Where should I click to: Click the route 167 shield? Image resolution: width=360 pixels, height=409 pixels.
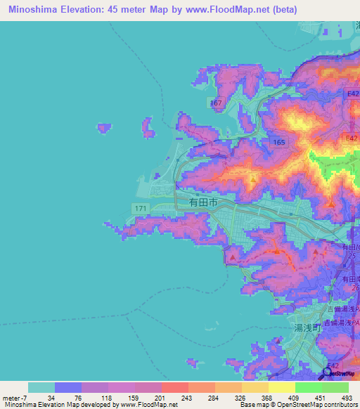click(x=216, y=103)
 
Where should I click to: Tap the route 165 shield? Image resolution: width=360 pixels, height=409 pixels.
click(x=280, y=142)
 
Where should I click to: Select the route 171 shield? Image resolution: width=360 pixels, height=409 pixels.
click(x=140, y=208)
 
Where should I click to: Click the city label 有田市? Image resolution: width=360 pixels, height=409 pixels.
click(x=203, y=202)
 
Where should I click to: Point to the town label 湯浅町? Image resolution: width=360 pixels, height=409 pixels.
click(x=307, y=327)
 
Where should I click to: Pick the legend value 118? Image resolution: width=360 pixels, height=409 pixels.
click(x=94, y=398)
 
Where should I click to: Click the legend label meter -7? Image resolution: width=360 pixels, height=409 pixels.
click(x=15, y=398)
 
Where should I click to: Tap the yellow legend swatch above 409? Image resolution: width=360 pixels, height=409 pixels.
click(x=281, y=387)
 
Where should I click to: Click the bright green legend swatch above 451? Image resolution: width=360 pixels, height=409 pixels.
click(x=308, y=387)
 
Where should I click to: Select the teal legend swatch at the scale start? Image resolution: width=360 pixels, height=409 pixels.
click(x=41, y=387)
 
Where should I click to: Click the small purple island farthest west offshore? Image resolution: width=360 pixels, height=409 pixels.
click(x=104, y=127)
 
